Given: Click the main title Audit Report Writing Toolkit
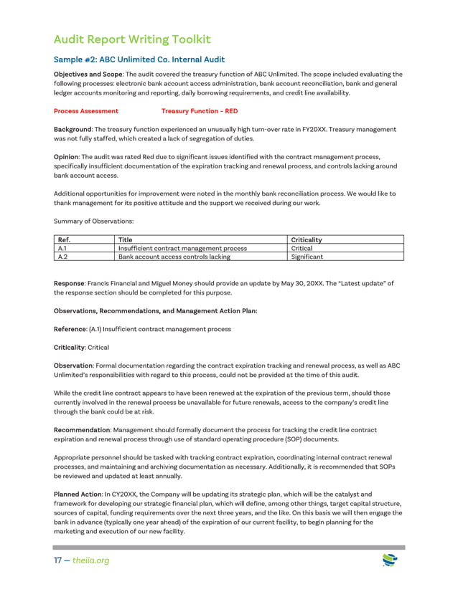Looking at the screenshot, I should coord(132,39).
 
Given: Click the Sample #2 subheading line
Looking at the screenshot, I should coord(139,59).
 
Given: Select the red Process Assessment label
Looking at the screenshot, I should coord(86,111).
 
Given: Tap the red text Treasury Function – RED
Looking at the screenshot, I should coord(199,111).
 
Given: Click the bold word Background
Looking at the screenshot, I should coord(73,129).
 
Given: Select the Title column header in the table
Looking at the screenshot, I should coord(126,239).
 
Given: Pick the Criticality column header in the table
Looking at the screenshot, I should coord(307,239).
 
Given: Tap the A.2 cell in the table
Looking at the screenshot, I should coord(62,256).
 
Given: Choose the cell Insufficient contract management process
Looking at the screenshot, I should coord(182,248).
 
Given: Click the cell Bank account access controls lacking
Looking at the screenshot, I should coord(174,256).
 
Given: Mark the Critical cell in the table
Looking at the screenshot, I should coord(302,248).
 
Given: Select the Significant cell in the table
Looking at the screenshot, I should coord(307,256).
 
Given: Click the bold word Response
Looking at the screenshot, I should coord(70,284).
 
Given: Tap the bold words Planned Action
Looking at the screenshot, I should coord(79,495).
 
